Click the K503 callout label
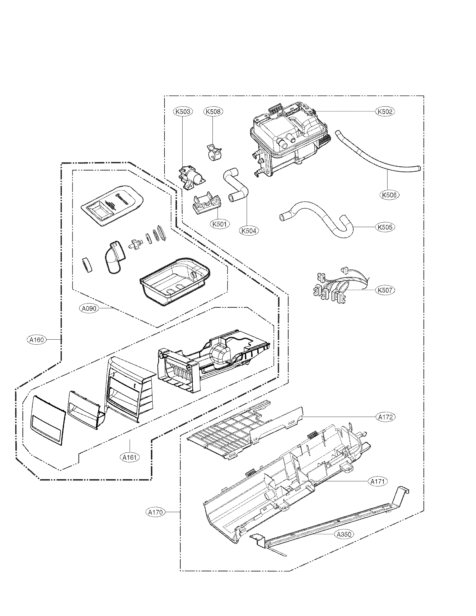coord(182,112)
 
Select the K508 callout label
coord(213,112)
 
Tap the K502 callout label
coord(385,111)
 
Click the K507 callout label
coord(385,290)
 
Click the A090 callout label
coord(89,308)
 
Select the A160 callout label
coord(37,340)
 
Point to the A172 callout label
coord(385,417)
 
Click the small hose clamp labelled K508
coord(213,153)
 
